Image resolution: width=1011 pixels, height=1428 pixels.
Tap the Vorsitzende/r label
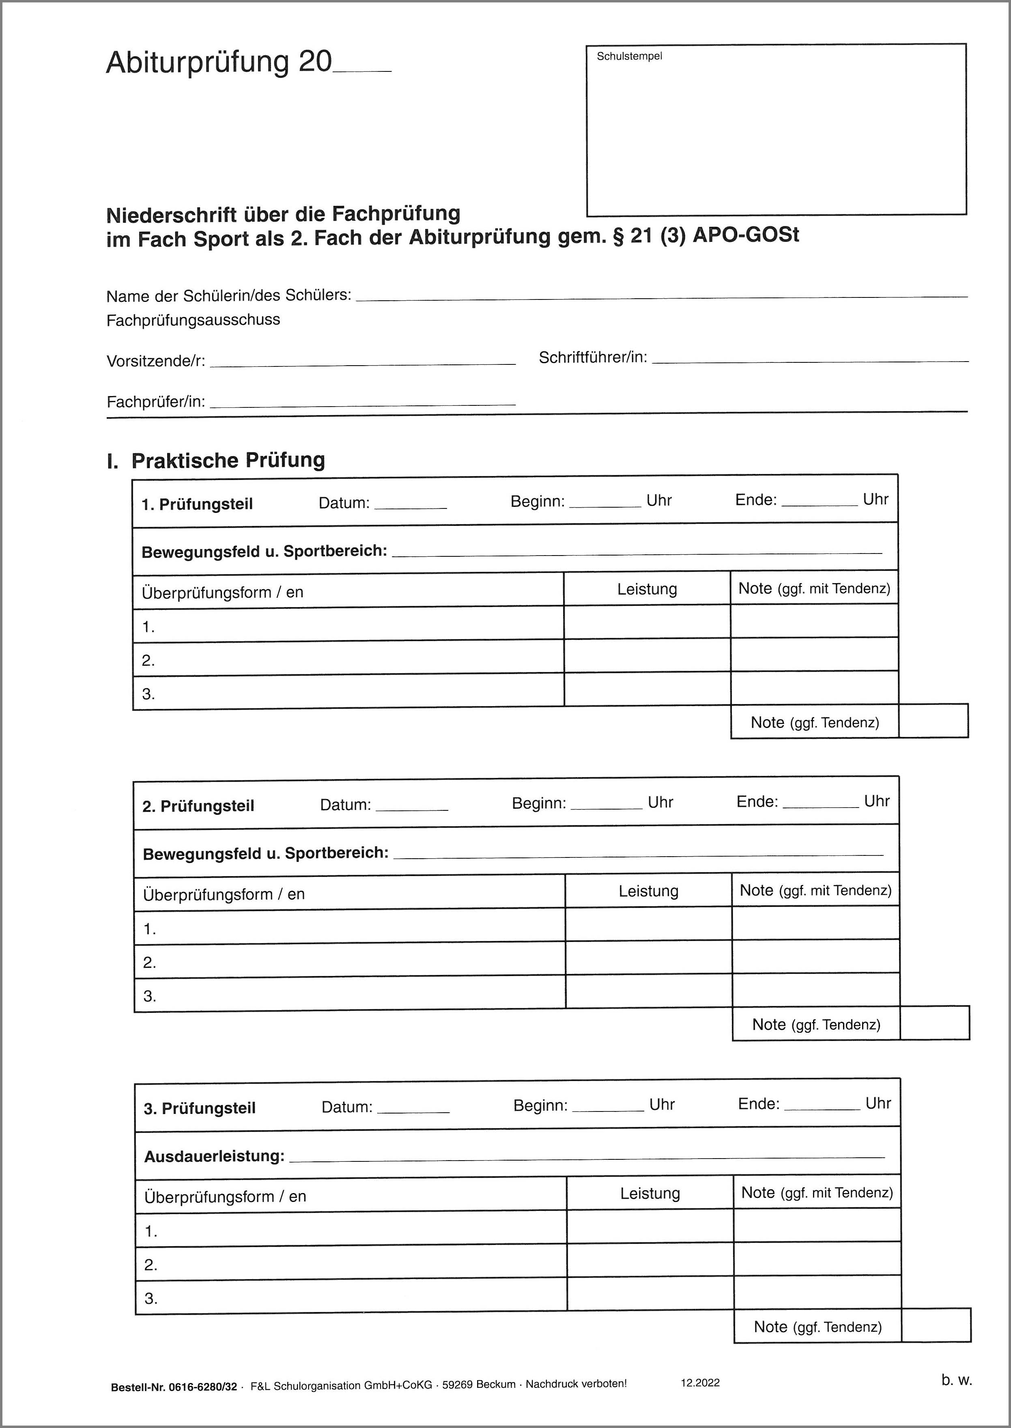coord(156,361)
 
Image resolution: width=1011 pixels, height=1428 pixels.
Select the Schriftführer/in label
coord(593,358)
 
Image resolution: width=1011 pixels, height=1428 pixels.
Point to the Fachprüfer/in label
coord(156,402)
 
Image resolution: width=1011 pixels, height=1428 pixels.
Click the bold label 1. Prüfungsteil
coord(197,504)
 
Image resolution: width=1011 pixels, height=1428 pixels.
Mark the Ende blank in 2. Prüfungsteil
coord(820,804)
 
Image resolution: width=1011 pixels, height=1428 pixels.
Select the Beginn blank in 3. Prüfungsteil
coord(608,1107)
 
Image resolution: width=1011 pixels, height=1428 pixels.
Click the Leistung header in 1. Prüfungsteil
coord(647,589)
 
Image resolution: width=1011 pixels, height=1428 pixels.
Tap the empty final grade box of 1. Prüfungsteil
coord(933,721)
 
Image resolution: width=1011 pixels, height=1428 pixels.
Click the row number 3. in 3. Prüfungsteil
coord(151,1299)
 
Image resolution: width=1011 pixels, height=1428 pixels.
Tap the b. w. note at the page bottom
coord(956,1380)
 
